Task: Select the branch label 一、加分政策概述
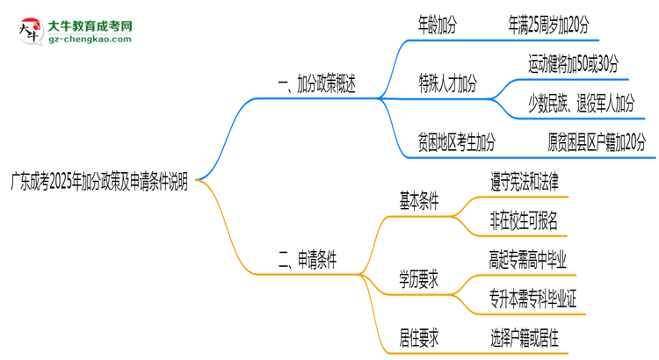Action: (316, 86)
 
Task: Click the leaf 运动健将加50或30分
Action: (573, 63)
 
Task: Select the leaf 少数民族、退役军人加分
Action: (581, 104)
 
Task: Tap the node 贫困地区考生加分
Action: (456, 141)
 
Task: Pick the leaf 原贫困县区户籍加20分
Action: (596, 141)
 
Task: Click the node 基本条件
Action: (418, 200)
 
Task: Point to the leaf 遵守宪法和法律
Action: (525, 180)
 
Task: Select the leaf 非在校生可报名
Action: (525, 220)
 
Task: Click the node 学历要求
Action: (418, 278)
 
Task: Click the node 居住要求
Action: (418, 336)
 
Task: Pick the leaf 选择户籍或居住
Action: (525, 336)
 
